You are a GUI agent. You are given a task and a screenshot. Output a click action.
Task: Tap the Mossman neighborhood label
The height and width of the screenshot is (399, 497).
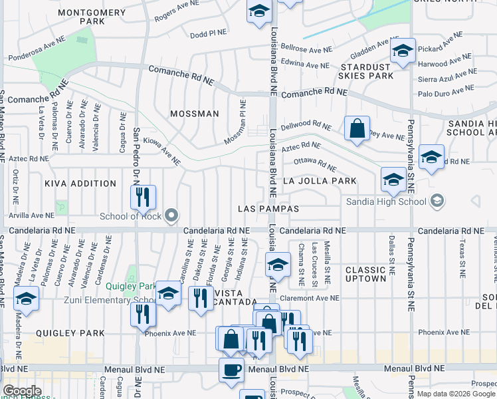pyautogui.click(x=194, y=114)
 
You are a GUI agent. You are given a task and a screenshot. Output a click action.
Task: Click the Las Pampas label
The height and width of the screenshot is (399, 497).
pyautogui.click(x=268, y=209)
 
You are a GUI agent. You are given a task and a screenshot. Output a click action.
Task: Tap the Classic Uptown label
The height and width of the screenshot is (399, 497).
pyautogui.click(x=365, y=274)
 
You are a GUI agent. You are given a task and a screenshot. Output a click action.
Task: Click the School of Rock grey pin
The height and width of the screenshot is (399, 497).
pyautogui.click(x=172, y=215)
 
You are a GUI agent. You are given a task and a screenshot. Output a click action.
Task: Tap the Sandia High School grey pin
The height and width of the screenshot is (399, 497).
pyautogui.click(x=437, y=200)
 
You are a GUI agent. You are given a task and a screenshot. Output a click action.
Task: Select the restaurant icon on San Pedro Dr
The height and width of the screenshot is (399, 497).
pyautogui.click(x=143, y=198)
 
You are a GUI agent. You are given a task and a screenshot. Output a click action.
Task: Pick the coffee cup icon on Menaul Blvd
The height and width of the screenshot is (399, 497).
pyautogui.click(x=231, y=370)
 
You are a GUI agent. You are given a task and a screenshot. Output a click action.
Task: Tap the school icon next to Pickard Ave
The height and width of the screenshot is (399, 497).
pyautogui.click(x=403, y=51)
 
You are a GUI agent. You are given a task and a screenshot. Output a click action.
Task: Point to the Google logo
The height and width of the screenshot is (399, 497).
pyautogui.click(x=22, y=391)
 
